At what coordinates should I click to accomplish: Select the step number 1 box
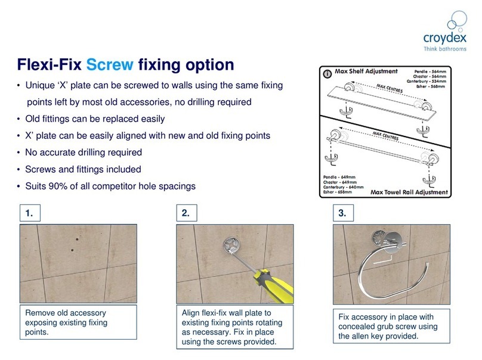tap(33, 212)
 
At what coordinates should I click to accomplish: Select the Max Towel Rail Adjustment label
tap(407, 193)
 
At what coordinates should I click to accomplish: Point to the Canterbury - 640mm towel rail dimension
tap(338, 187)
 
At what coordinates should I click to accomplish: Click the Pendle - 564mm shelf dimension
tap(434, 71)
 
